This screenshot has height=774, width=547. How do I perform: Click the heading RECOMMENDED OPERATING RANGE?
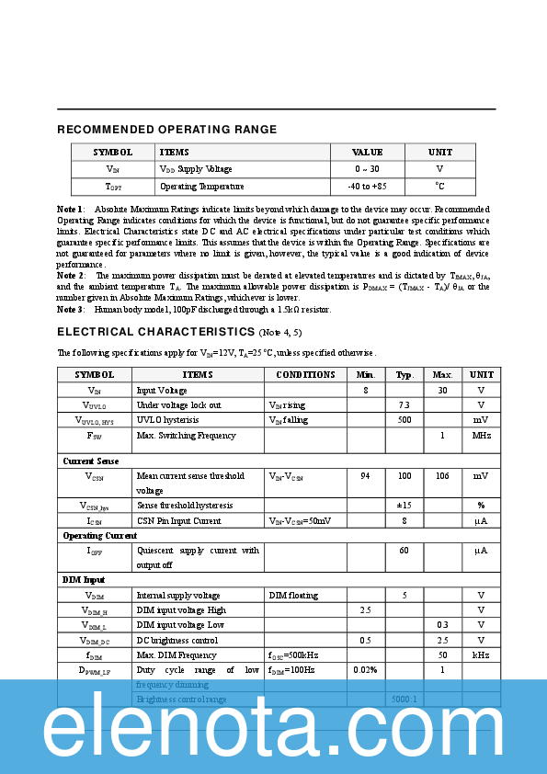click(166, 130)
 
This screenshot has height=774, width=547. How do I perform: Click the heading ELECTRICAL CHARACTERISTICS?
click(156, 331)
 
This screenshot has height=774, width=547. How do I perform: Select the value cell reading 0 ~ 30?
click(367, 169)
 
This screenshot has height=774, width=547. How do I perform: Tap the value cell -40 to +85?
click(367, 187)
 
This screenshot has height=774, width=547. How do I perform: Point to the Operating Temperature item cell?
click(196, 187)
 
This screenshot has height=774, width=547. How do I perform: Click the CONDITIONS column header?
click(305, 375)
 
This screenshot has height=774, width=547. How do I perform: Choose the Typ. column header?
click(405, 375)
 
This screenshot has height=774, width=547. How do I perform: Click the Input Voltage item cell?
click(162, 390)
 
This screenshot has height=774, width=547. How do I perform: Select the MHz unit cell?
click(482, 435)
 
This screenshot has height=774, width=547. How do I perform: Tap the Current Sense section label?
click(90, 461)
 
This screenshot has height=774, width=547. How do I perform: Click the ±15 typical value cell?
click(405, 506)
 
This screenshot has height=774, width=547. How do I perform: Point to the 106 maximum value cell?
click(442, 476)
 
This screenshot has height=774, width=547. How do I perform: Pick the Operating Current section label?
click(100, 535)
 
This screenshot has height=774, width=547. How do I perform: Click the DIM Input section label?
click(84, 580)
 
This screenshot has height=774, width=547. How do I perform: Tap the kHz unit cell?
click(481, 655)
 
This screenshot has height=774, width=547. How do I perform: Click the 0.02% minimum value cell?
click(365, 670)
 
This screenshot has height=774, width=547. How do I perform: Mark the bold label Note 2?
click(71, 275)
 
